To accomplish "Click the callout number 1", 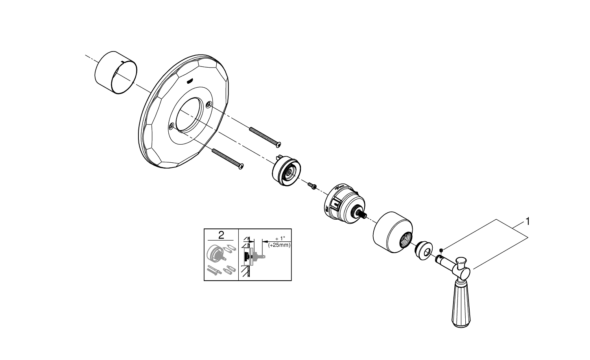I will pos(527,222).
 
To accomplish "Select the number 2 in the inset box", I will pos(221,235).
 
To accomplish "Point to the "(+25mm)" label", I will pos(279,245).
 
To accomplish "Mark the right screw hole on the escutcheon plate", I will pos(208,104).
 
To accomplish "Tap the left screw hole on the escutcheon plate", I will pos(171,126).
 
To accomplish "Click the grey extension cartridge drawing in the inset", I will pos(216,255).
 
